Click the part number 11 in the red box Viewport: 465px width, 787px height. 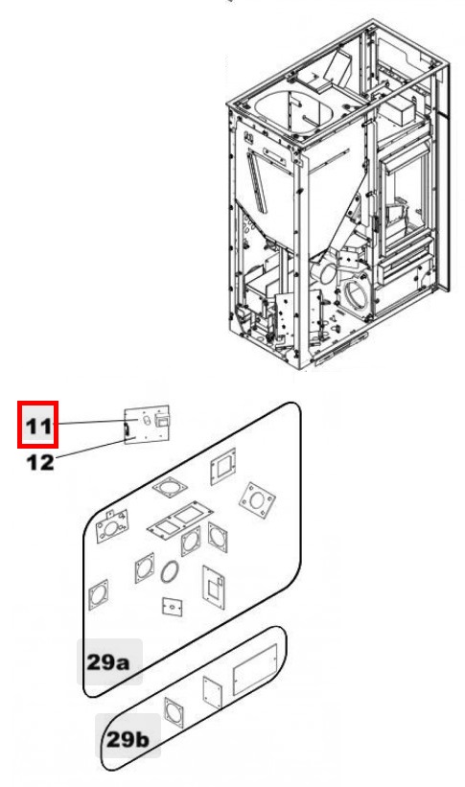[38, 427]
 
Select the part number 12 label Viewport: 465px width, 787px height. [40, 462]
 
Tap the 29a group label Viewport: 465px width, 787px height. [108, 662]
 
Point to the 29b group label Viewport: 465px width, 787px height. [128, 739]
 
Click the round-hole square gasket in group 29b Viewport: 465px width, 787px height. [174, 714]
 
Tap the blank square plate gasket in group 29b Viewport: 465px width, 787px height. [213, 693]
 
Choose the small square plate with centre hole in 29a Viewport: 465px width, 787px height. [173, 607]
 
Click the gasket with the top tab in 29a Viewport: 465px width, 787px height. [111, 526]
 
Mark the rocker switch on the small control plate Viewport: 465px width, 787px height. [162, 421]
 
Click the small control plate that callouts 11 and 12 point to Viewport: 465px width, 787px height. [147, 425]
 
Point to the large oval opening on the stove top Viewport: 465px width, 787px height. [294, 113]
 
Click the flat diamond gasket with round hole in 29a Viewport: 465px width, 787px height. [170, 488]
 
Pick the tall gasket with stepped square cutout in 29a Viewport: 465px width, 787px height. [214, 588]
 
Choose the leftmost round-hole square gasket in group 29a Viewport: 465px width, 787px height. [99, 594]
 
